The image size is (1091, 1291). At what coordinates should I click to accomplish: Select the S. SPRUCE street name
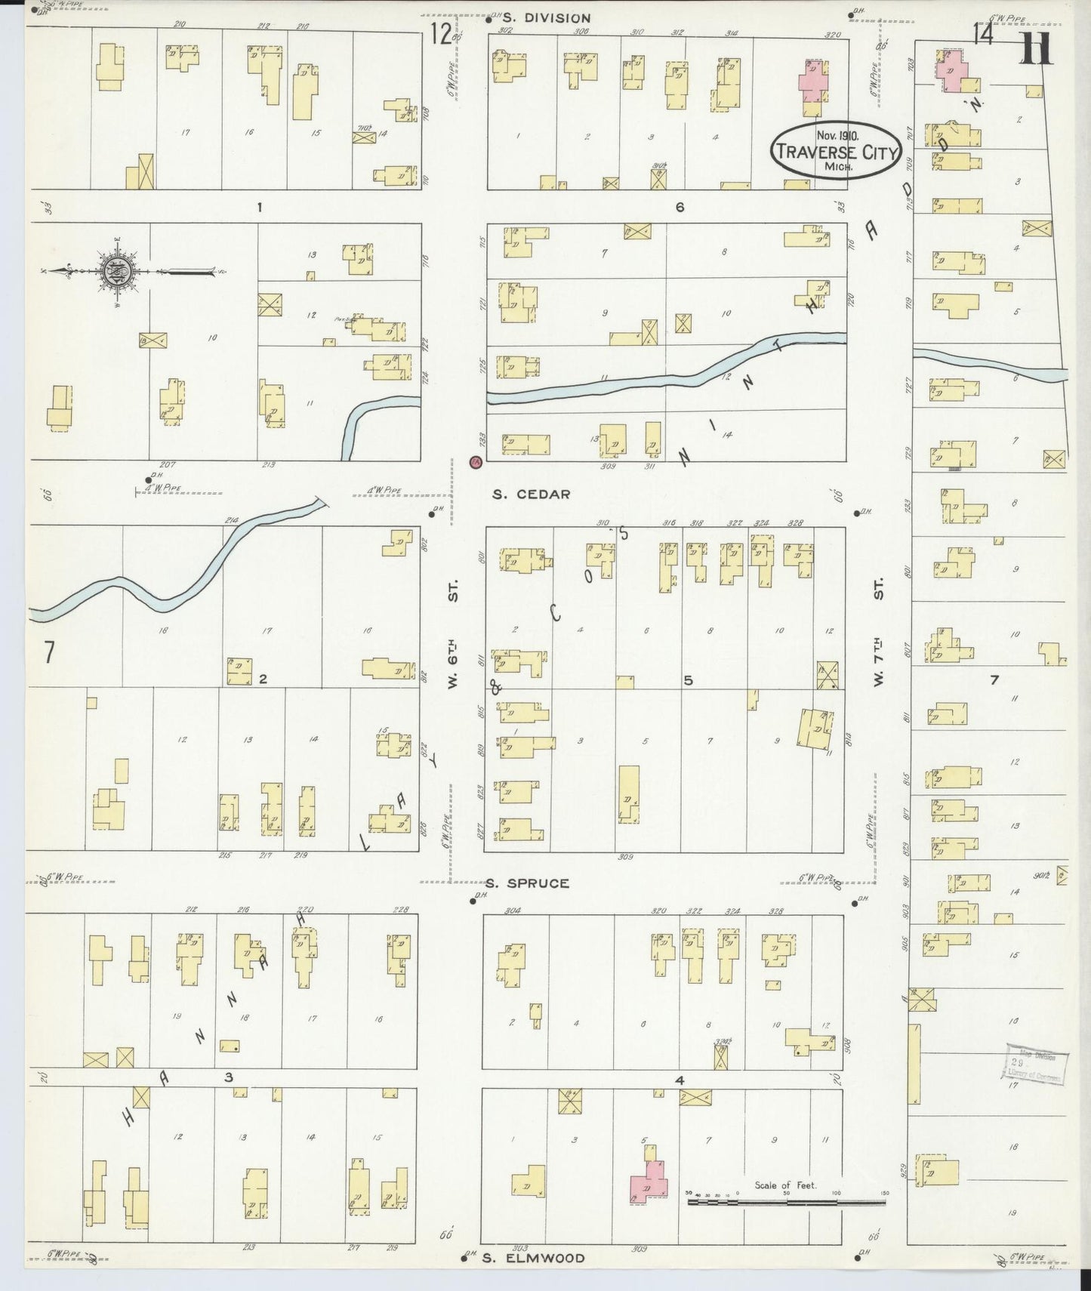tap(528, 883)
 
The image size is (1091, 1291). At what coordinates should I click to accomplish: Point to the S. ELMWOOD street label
tap(534, 1258)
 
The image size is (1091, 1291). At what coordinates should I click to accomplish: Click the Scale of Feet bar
tap(787, 1200)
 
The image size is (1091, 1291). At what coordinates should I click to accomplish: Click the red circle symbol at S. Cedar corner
tap(476, 462)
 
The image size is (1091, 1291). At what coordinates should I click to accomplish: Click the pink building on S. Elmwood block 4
tap(649, 1179)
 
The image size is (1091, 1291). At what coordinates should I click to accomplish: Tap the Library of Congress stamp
tap(1034, 1065)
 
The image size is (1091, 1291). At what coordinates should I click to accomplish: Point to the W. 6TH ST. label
tap(453, 633)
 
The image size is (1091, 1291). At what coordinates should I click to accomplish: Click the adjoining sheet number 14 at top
tap(982, 33)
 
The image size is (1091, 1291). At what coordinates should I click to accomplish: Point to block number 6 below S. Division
tap(680, 207)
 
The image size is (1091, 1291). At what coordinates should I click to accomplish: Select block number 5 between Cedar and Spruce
tap(688, 680)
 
